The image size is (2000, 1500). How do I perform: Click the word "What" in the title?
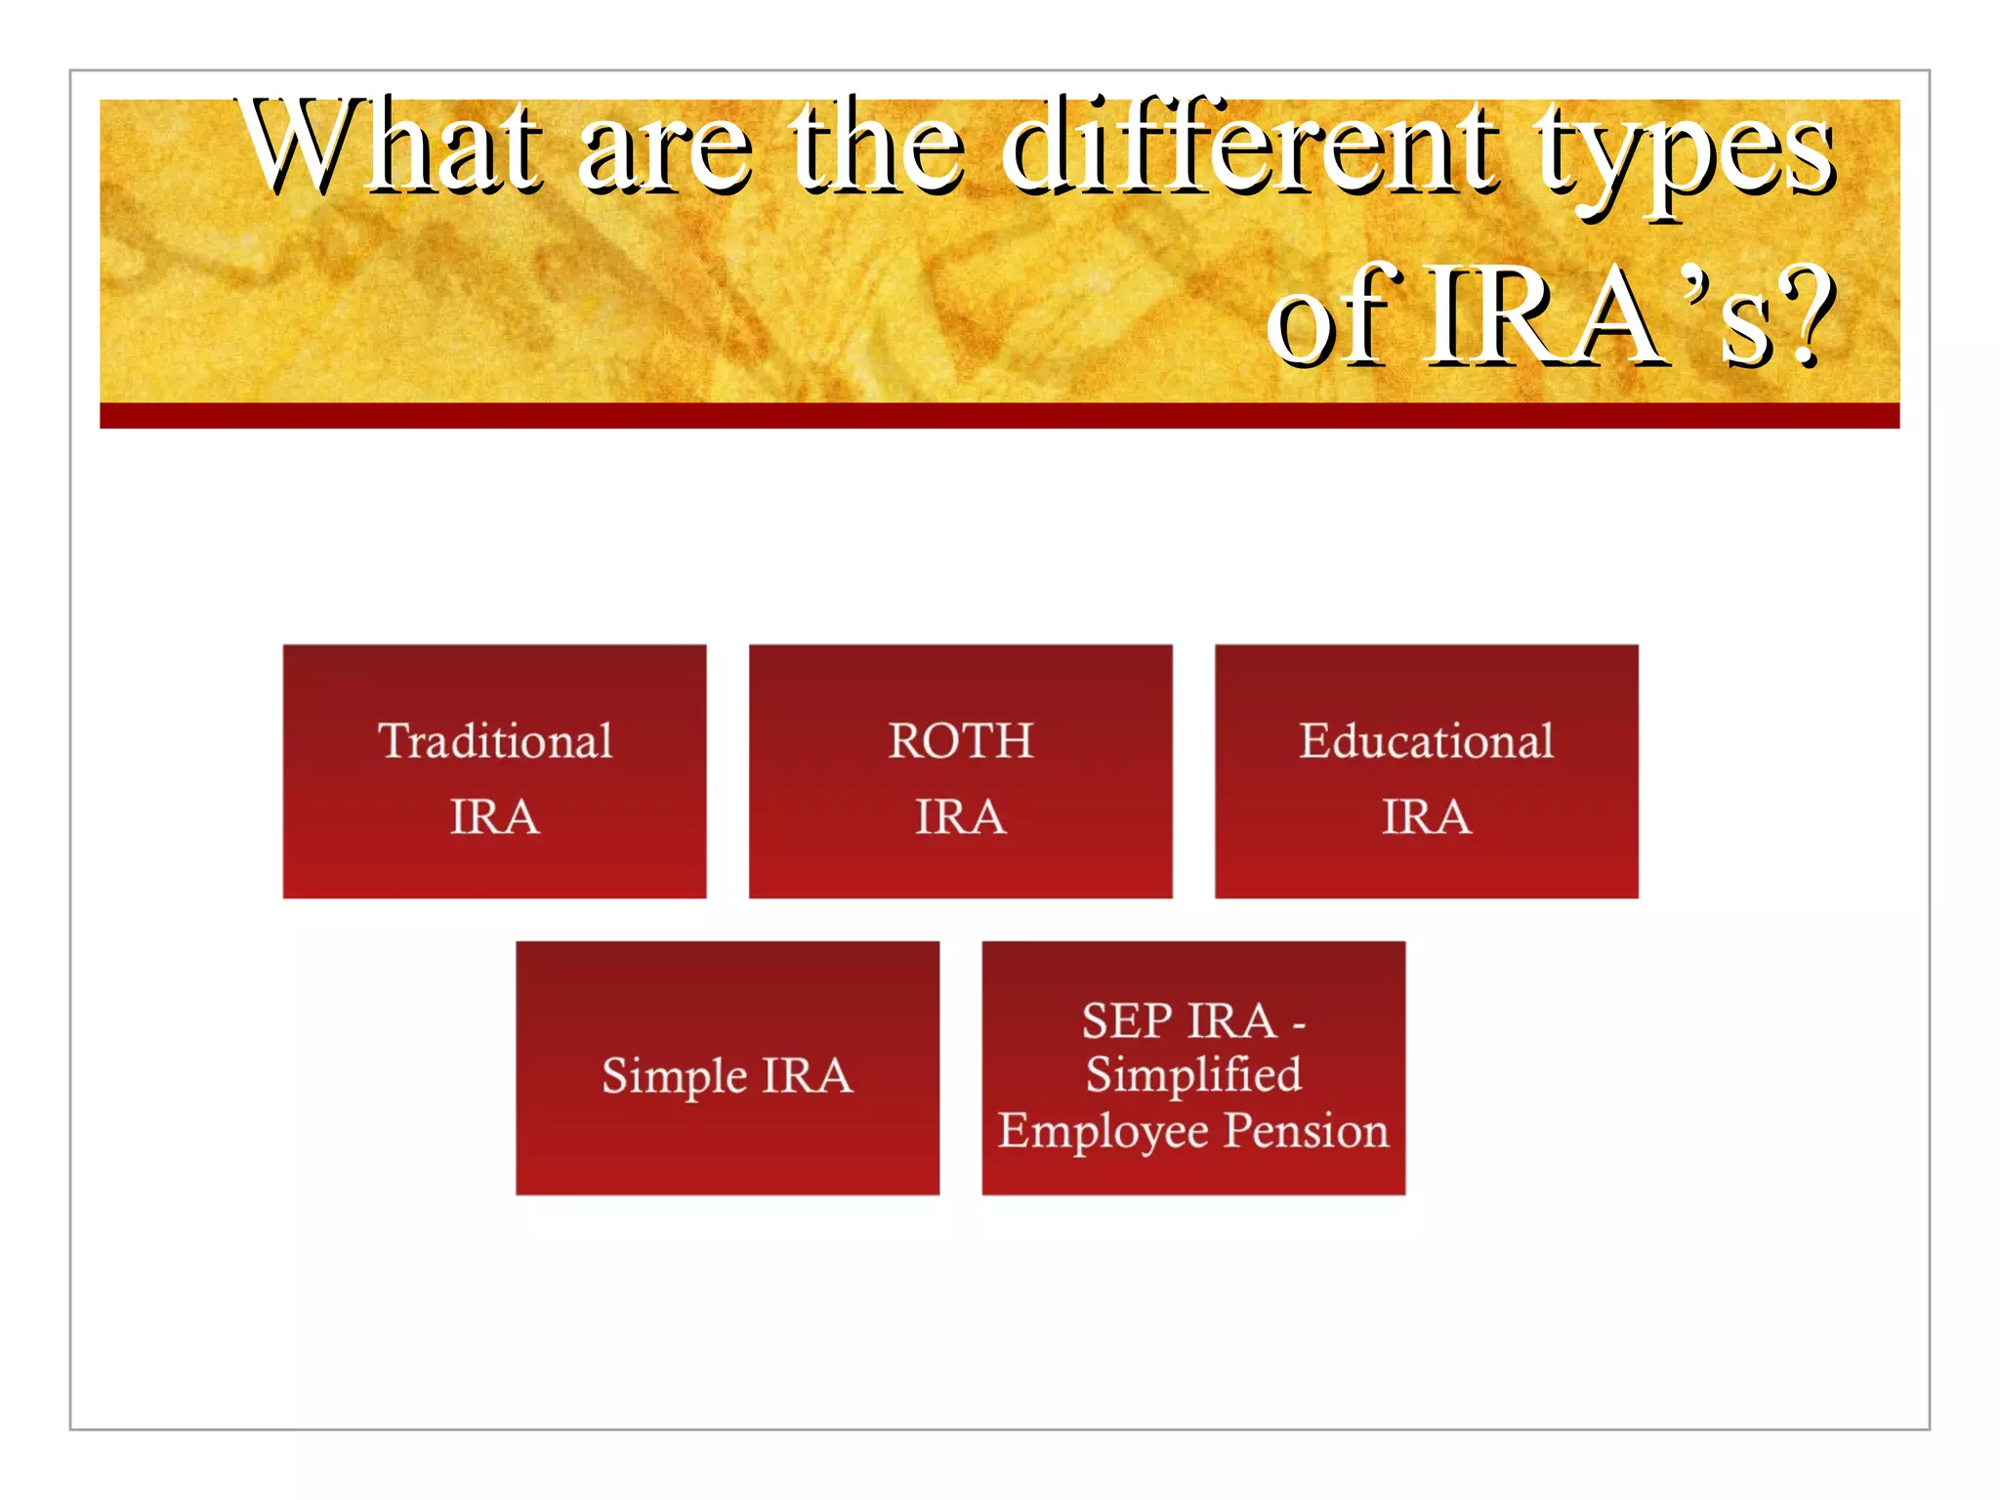[391, 146]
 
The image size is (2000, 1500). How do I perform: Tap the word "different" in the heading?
[1250, 146]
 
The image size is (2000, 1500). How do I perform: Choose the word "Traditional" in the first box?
[495, 741]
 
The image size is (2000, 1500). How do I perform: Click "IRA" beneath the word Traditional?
[494, 816]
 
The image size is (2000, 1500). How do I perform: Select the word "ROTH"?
[960, 741]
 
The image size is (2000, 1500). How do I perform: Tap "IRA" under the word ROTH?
[960, 816]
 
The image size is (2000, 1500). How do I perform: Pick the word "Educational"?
[1426, 741]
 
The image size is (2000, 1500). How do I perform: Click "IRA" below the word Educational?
[1426, 816]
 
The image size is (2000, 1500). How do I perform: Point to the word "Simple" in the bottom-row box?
[674, 1077]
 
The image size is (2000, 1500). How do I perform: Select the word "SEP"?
[1126, 1021]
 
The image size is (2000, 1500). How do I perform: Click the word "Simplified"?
[1193, 1075]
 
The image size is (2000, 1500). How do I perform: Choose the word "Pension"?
[1306, 1130]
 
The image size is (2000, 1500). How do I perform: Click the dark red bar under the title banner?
[999, 416]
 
